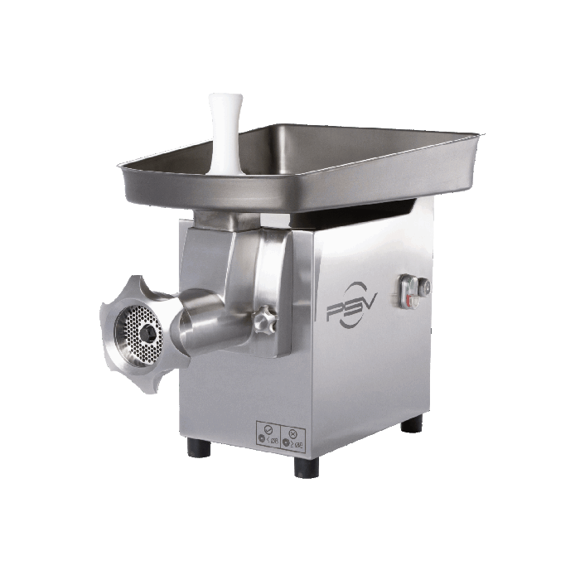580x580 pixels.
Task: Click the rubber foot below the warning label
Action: pos(305,466)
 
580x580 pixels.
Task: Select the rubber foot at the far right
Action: pos(412,423)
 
